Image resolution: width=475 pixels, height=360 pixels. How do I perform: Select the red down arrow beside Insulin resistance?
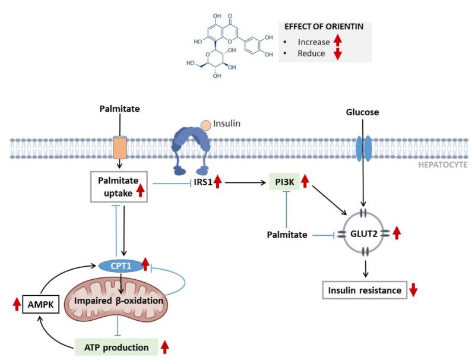point(414,291)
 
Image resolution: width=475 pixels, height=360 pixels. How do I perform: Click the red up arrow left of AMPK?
point(16,306)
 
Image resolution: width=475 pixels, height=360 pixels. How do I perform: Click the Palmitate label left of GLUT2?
point(287,235)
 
